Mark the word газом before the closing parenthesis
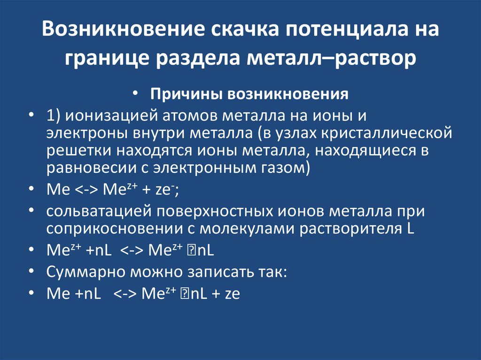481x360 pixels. pos(283,168)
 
